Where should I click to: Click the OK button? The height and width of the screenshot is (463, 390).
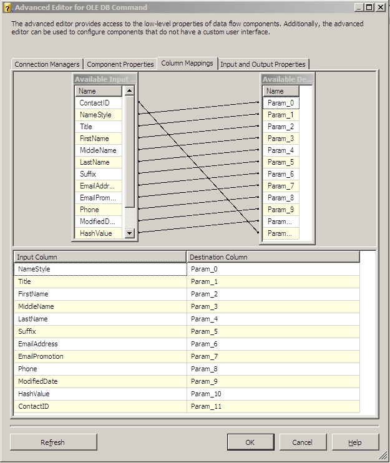pyautogui.click(x=250, y=442)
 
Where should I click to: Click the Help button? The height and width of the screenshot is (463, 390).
pyautogui.click(x=355, y=442)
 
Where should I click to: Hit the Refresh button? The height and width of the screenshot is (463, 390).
pyautogui.click(x=54, y=442)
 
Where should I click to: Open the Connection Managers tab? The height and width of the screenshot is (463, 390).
pyautogui.click(x=47, y=64)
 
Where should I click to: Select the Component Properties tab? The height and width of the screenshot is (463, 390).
pyautogui.click(x=120, y=64)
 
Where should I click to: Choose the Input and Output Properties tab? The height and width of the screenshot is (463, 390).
pyautogui.click(x=263, y=64)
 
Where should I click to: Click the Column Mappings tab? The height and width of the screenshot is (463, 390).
pyautogui.click(x=187, y=63)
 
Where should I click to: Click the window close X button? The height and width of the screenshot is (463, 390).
pyautogui.click(x=381, y=7)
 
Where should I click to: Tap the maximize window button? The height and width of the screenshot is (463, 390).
pyautogui.click(x=369, y=7)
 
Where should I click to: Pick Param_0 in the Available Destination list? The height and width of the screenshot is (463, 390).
pyautogui.click(x=281, y=103)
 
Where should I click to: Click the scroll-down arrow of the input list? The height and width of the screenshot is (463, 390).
pyautogui.click(x=129, y=233)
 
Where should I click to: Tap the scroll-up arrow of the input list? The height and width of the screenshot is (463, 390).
pyautogui.click(x=129, y=90)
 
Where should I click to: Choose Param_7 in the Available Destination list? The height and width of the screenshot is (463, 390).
pyautogui.click(x=281, y=186)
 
